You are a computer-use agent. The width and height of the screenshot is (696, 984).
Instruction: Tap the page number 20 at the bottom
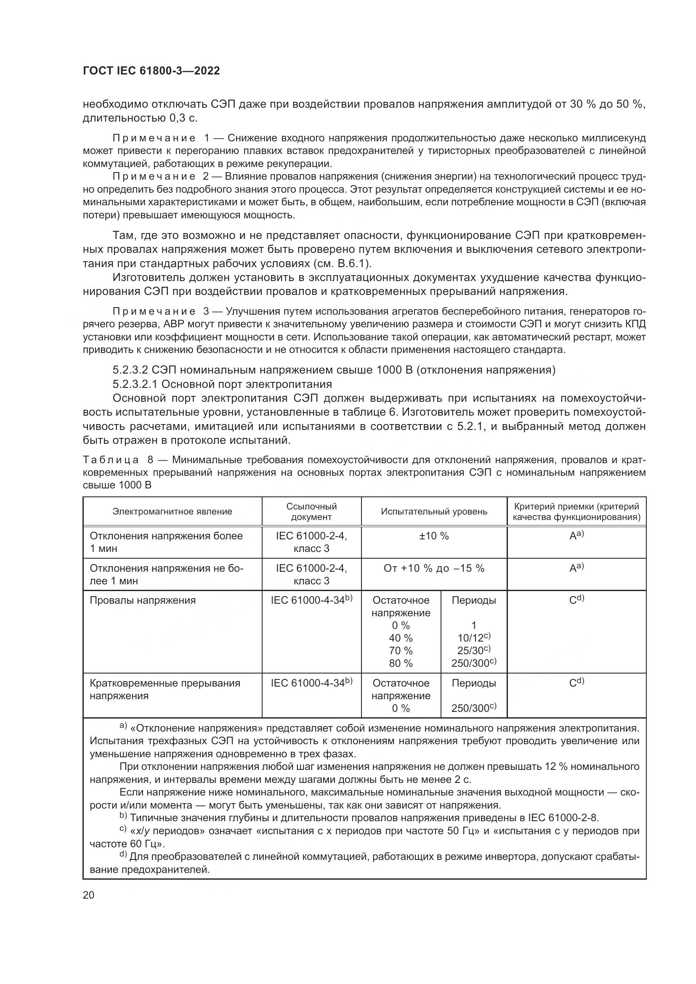[x=89, y=895]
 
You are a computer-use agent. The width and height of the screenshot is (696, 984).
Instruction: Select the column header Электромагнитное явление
[x=172, y=511]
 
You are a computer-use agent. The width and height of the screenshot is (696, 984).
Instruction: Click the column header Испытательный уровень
[x=434, y=511]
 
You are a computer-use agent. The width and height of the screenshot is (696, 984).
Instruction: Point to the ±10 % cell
[x=434, y=536]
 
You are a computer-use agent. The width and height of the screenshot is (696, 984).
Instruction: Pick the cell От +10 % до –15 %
[x=434, y=568]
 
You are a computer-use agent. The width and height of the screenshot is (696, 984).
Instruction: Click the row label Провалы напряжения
[x=142, y=600]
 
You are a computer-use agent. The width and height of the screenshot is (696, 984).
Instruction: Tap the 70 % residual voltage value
[x=401, y=650]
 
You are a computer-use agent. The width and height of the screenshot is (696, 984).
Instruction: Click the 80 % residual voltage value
[x=401, y=663]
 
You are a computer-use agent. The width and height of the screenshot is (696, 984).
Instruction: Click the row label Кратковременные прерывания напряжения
[x=165, y=690]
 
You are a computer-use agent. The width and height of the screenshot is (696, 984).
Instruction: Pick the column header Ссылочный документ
[x=311, y=511]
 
